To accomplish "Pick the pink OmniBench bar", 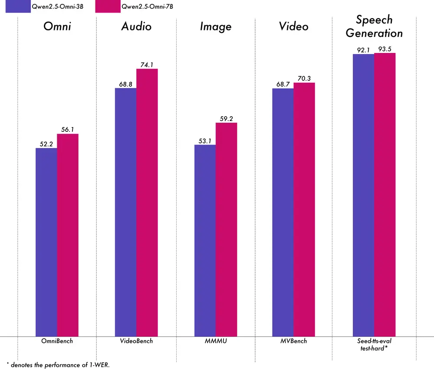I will [68, 235].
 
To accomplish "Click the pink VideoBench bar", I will [147, 202].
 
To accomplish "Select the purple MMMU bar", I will [205, 240].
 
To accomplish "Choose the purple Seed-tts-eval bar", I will [363, 195].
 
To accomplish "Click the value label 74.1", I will [147, 65].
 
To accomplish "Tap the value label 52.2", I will [46, 144].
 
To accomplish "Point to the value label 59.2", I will [227, 118].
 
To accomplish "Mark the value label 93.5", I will [385, 49].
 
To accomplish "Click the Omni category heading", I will [57, 26].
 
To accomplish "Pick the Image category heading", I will [216, 26].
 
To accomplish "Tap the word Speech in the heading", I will [374, 20].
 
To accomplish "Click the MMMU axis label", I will [216, 341].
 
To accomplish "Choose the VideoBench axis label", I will [136, 341].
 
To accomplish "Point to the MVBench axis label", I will [293, 341].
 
